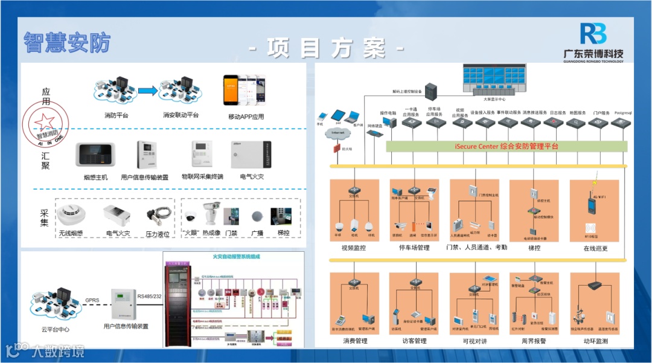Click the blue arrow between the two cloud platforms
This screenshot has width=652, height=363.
tap(148, 91)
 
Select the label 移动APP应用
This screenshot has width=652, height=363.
tap(246, 117)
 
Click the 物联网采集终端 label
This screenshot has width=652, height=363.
tap(202, 177)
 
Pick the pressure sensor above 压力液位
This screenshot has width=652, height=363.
tap(158, 215)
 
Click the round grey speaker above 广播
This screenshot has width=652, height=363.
tap(257, 216)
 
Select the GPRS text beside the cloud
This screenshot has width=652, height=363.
tap(92, 300)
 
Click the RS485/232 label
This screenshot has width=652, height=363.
tap(150, 296)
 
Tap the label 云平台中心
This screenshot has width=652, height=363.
tap(55, 330)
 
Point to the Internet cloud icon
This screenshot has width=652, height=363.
tap(338, 132)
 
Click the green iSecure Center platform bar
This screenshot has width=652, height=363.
tap(506, 146)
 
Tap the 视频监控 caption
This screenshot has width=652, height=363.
tap(353, 248)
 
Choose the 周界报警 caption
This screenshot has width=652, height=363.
tap(534, 341)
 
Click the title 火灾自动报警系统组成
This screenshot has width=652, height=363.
tap(235, 257)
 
